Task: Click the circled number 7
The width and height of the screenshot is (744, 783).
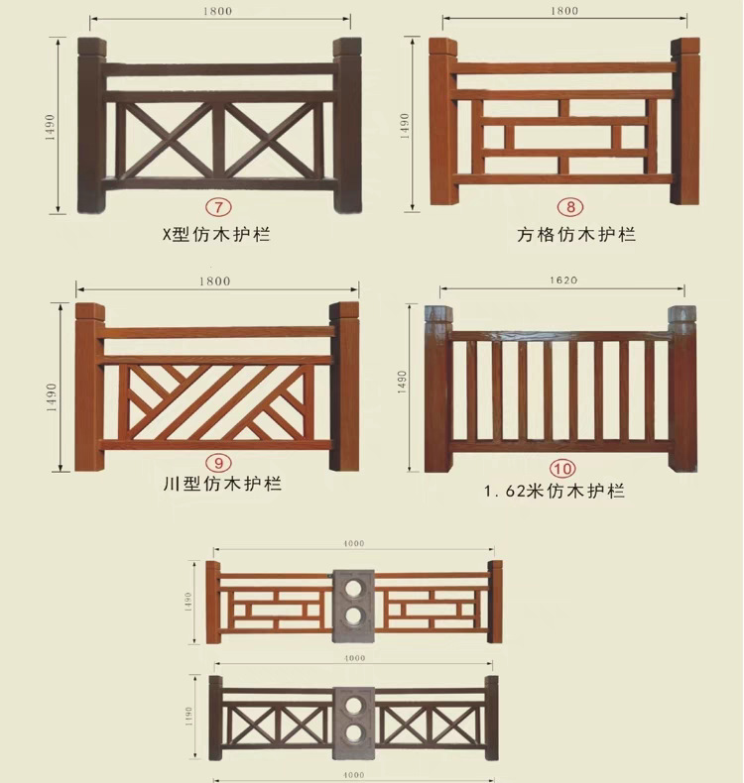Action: [215, 209]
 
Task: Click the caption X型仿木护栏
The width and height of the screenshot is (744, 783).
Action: [216, 235]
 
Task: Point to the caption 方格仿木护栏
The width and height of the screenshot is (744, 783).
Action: [576, 235]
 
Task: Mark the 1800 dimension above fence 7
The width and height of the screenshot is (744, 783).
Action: [220, 11]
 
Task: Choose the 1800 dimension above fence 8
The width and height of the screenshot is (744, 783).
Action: [563, 11]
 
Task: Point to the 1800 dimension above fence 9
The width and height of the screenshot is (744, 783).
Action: [215, 281]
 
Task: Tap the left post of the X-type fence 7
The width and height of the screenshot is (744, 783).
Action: [91, 126]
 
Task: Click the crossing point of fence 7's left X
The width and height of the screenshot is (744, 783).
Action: [164, 138]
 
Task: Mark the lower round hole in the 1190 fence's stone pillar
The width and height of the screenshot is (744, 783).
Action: [354, 734]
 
